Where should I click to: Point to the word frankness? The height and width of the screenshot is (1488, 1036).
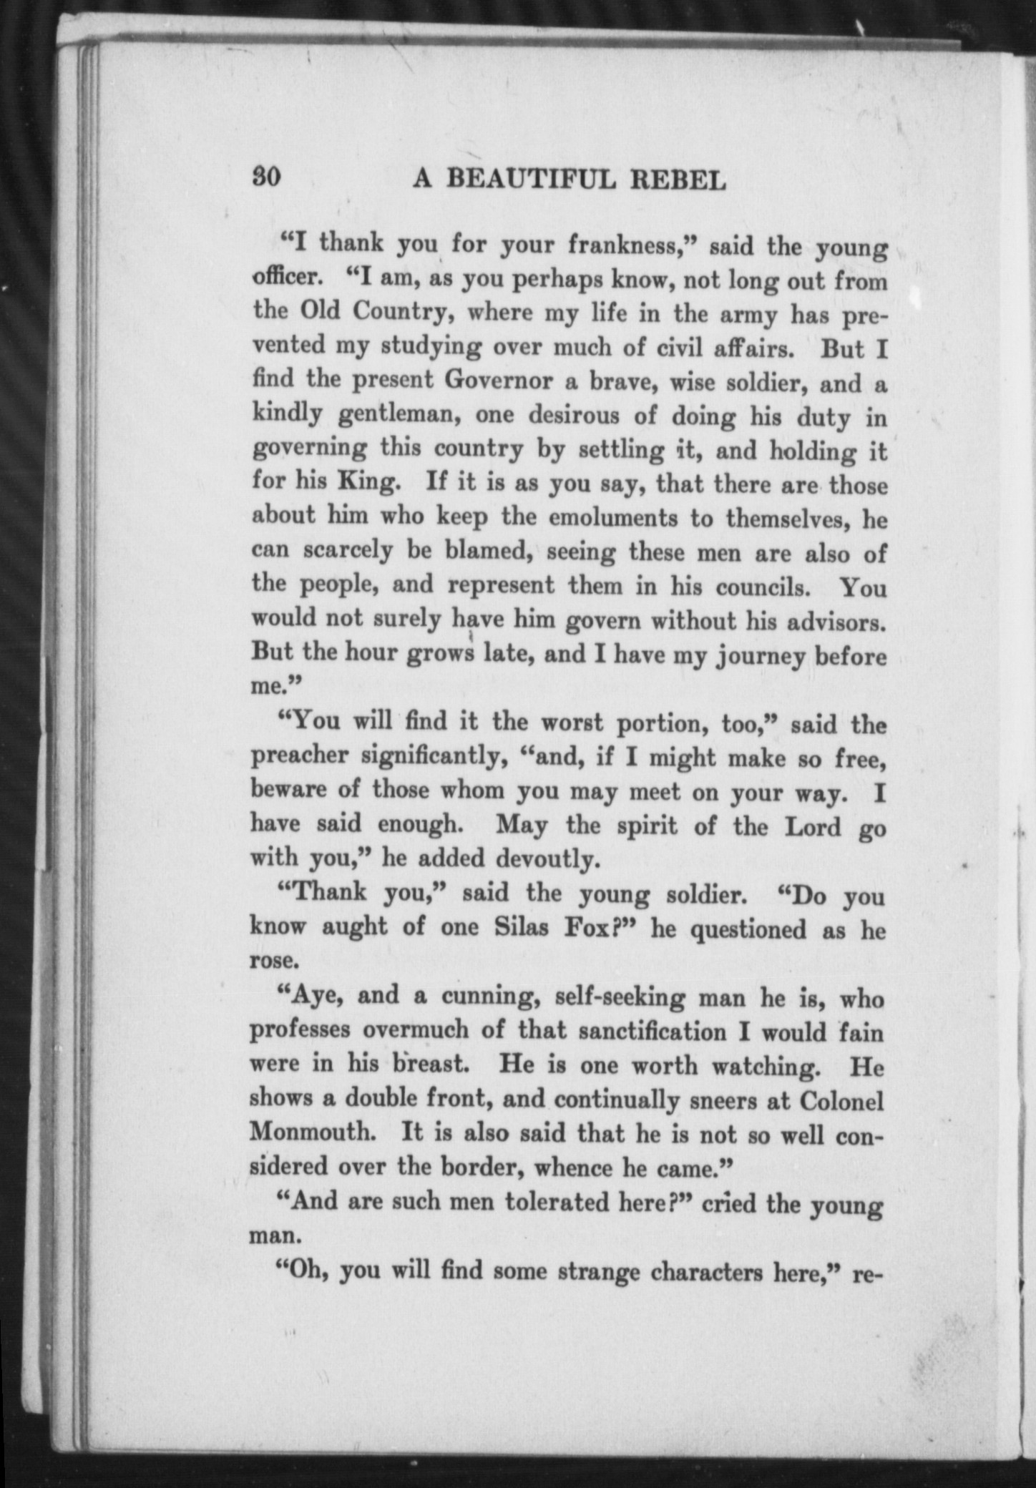[x=627, y=246]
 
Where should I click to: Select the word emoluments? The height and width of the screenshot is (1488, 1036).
[x=612, y=517]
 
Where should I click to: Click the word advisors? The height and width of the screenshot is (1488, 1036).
[x=836, y=621]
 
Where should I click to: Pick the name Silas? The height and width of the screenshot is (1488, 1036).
[x=522, y=927]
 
